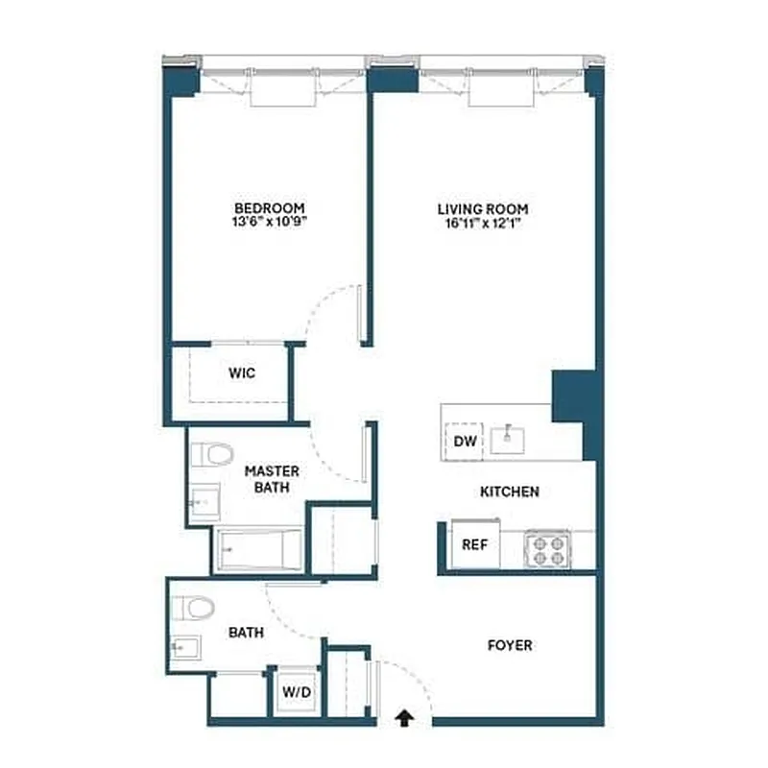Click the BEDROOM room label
click(270, 208)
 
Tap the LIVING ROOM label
click(482, 208)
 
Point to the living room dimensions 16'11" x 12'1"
click(482, 223)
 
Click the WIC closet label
click(242, 373)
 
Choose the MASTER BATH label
click(272, 478)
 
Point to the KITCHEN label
click(510, 492)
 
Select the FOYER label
click(510, 645)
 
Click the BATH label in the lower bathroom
click(247, 633)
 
